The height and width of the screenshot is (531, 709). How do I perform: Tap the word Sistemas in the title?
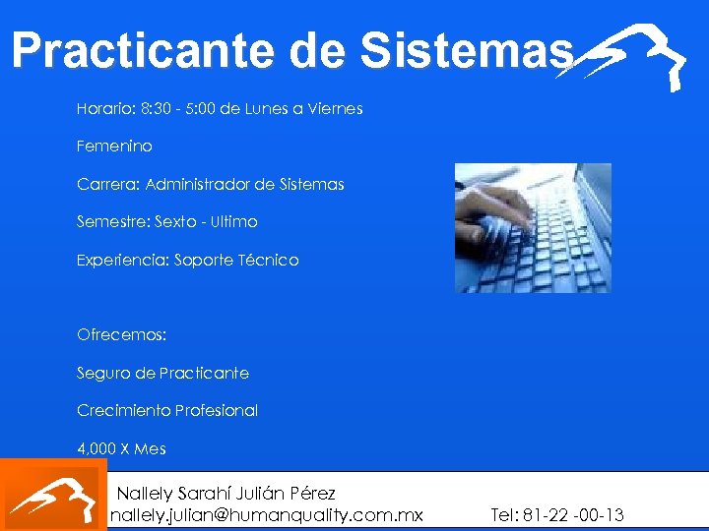[x=467, y=51]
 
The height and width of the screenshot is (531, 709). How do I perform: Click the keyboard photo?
[x=533, y=228]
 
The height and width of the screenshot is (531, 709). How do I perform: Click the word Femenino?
[x=114, y=146]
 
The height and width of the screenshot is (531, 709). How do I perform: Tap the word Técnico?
[x=269, y=261]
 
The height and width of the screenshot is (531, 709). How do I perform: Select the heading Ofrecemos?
[x=122, y=334]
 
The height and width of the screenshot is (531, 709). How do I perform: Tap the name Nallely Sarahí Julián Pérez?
[x=226, y=493]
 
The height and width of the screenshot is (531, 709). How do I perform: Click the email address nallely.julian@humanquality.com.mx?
[x=266, y=515]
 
